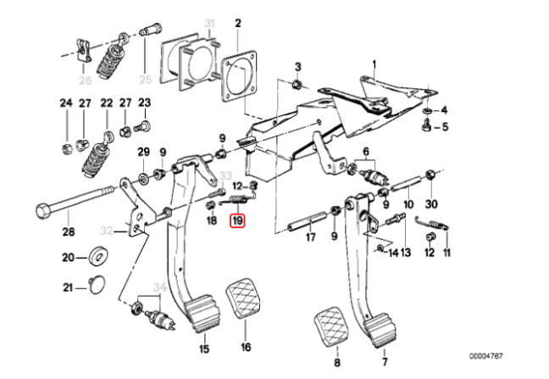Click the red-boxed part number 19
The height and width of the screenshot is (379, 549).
[238, 221]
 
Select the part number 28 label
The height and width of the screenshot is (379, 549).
[68, 231]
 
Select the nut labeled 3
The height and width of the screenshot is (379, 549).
[297, 84]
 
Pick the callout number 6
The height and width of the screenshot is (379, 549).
[367, 152]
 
